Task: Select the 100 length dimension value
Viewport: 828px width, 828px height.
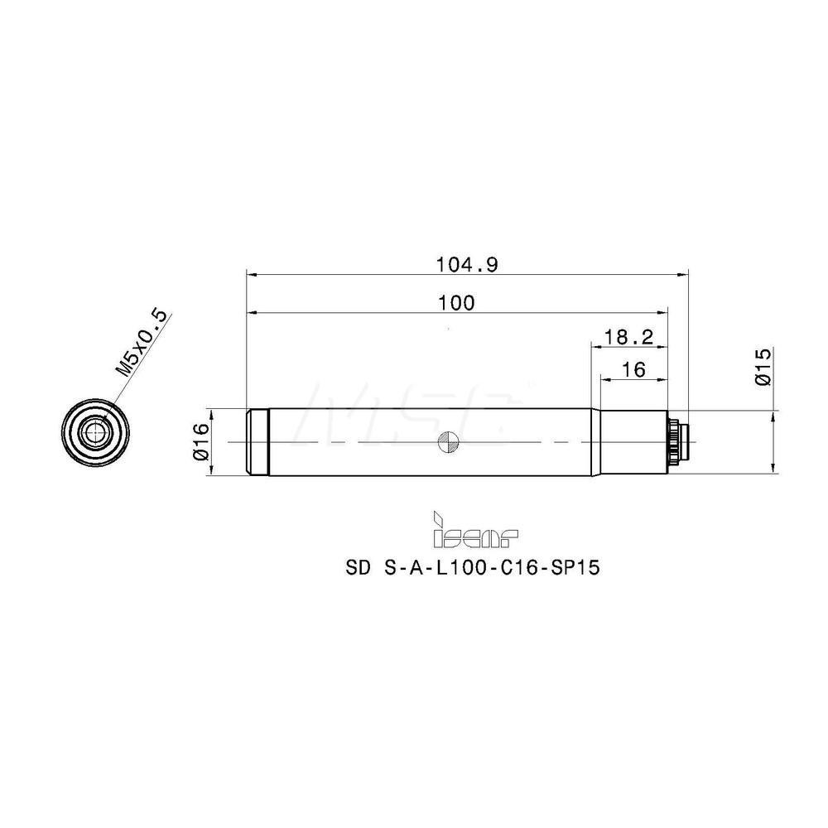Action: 458,303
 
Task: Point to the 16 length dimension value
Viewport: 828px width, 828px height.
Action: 633,370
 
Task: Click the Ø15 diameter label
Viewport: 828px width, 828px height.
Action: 763,367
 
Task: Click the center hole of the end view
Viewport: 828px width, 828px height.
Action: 98,431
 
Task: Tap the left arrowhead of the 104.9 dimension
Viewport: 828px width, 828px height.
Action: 253,273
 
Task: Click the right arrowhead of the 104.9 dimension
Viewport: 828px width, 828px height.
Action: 683,273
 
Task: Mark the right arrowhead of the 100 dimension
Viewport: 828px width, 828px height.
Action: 662,312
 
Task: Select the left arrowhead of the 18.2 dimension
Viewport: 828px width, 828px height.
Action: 594,346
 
